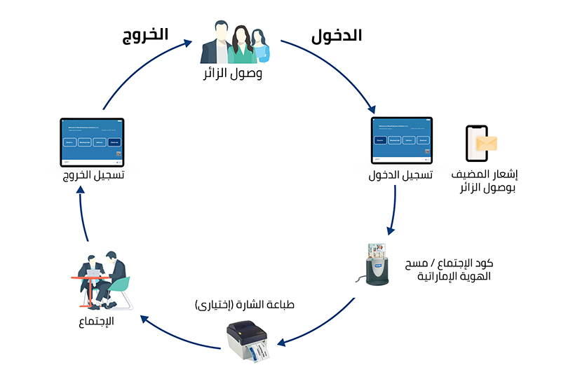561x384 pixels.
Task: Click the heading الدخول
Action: click(336, 36)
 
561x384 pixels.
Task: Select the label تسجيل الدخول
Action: click(400, 175)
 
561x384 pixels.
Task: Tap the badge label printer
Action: click(250, 342)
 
